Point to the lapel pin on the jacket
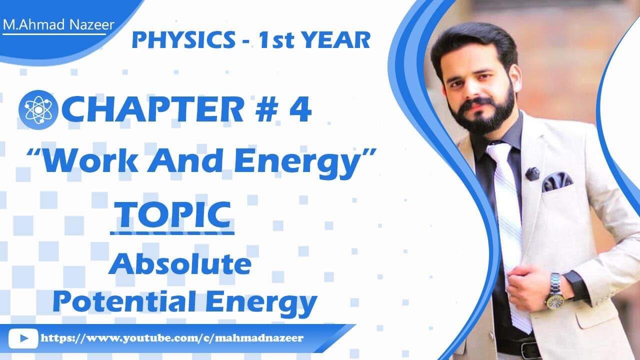click(532, 173)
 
